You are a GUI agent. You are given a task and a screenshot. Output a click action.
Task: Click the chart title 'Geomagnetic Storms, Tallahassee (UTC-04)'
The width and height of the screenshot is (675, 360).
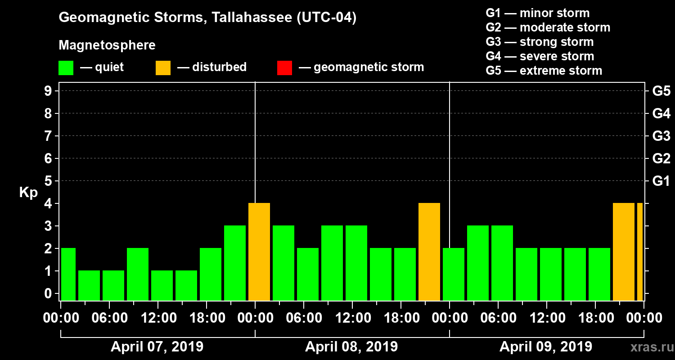[207, 18]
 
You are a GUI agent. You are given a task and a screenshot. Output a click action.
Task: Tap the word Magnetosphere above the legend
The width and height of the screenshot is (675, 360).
[107, 45]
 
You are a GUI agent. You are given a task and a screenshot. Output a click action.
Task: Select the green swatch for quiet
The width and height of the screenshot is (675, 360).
[66, 67]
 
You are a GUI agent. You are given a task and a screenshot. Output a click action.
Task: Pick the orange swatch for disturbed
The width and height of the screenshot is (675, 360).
[163, 67]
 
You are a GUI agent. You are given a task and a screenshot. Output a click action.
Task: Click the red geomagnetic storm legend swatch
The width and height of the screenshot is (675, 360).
[284, 67]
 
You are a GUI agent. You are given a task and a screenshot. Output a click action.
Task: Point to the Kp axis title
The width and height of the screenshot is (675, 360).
[28, 192]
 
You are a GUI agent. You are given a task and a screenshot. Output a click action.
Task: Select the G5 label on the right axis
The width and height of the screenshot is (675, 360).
[661, 91]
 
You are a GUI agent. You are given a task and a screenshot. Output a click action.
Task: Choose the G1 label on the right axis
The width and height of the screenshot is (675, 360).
[661, 181]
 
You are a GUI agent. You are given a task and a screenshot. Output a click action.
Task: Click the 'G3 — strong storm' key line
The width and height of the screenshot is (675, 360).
[540, 42]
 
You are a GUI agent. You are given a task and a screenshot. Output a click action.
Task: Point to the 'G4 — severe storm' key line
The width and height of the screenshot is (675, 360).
[540, 56]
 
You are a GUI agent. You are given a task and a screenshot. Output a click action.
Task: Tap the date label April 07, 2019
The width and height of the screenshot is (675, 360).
[157, 347]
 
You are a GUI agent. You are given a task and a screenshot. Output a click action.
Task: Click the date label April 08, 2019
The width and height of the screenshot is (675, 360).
[351, 347]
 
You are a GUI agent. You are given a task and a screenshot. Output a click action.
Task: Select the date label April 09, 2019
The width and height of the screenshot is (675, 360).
[546, 347]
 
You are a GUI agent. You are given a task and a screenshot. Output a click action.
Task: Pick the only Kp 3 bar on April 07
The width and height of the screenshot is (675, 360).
[235, 263]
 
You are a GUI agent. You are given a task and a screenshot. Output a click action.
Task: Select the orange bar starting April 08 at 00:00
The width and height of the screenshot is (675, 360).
[259, 252]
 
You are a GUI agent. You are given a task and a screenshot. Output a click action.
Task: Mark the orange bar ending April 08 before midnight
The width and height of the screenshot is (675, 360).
[429, 252]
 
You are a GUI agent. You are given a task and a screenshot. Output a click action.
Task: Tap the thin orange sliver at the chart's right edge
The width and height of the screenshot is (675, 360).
[639, 252]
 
